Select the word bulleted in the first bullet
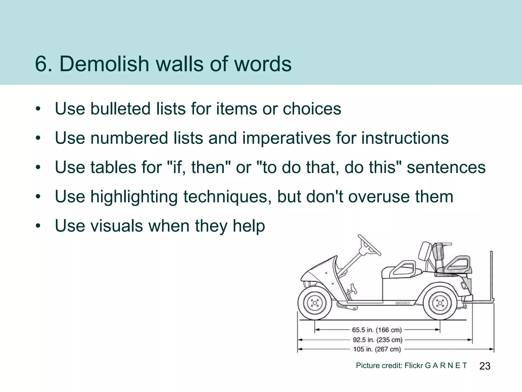[x=121, y=109]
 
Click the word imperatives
[x=286, y=138]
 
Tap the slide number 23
[x=485, y=366]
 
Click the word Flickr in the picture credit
[x=414, y=365]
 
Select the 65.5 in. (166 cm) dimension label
[x=377, y=330]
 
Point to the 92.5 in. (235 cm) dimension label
[x=377, y=340]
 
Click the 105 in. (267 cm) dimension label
[x=377, y=349]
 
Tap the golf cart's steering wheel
[x=369, y=245]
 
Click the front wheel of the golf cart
[x=315, y=303]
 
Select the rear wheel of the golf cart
[x=440, y=303]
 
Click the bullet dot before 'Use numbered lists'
[x=38, y=138]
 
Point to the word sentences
[x=446, y=167]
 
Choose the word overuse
[x=379, y=197]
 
